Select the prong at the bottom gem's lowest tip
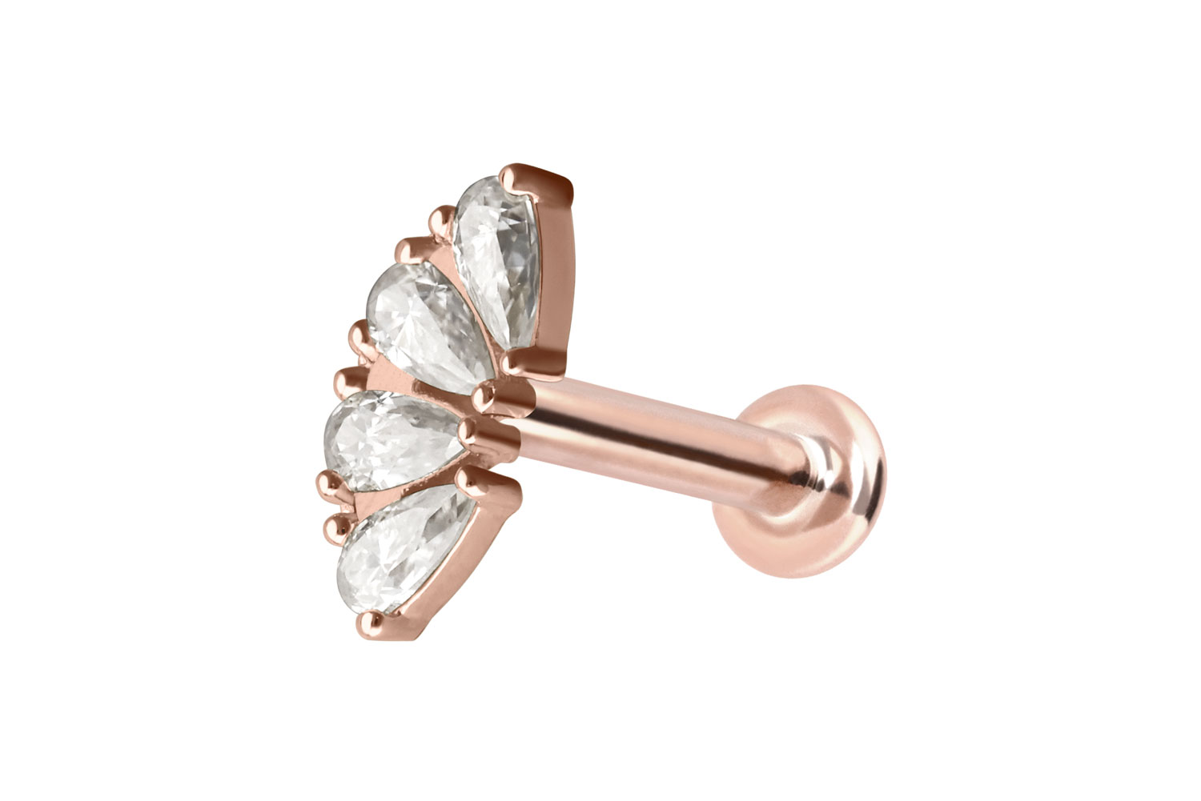pos(368,620)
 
